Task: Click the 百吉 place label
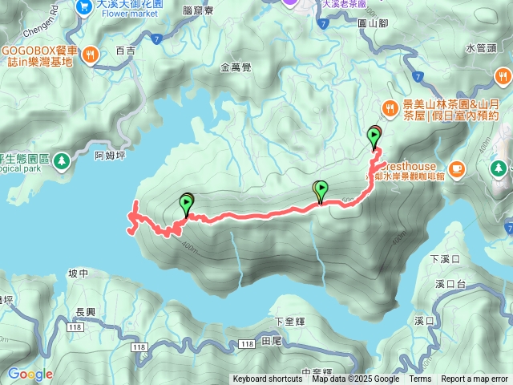126,50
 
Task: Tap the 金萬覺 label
236,68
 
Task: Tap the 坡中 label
78,274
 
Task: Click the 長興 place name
85,312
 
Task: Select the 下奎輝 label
290,321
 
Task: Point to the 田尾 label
271,341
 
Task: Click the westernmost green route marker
188,205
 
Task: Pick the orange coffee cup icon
456,168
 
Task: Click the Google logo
30,374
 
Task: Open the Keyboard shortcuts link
268,379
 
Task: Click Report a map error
475,379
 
